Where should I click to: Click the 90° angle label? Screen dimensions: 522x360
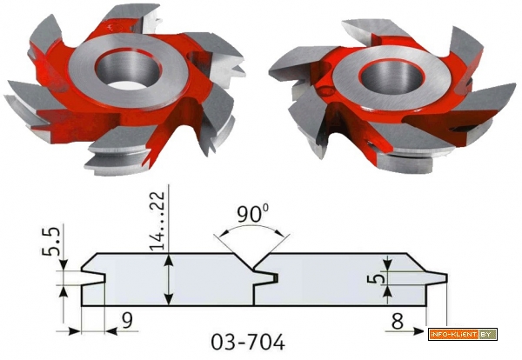(x=253, y=214)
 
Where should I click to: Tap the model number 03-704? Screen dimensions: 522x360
(x=248, y=342)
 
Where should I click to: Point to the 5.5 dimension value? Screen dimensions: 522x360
(x=51, y=241)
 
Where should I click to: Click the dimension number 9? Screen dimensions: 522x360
(x=126, y=320)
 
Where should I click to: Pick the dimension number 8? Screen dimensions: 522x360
(x=398, y=322)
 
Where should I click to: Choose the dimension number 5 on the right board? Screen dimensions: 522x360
(x=373, y=278)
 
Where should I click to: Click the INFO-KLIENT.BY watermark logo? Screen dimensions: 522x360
(x=463, y=334)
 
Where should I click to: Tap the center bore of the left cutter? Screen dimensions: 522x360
(x=128, y=69)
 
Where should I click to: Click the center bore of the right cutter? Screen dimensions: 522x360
(x=391, y=78)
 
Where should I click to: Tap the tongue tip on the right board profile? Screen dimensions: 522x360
(x=445, y=278)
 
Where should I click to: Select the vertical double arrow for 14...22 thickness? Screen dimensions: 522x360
(x=170, y=279)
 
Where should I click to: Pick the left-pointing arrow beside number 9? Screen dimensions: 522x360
(x=122, y=331)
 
